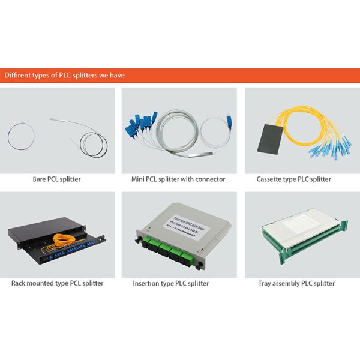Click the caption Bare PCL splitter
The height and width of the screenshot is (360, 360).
[57, 179]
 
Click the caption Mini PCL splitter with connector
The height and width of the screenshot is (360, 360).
[178, 179]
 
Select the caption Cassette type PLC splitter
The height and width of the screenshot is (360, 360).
[293, 179]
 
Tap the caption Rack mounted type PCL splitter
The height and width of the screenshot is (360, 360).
[57, 283]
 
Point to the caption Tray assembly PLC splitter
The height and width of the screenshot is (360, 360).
[296, 283]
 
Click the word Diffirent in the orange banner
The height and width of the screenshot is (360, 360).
[18, 76]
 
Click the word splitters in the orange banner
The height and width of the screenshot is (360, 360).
[91, 76]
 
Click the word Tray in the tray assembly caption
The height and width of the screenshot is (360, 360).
[265, 283]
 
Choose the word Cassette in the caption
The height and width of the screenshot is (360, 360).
[270, 179]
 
